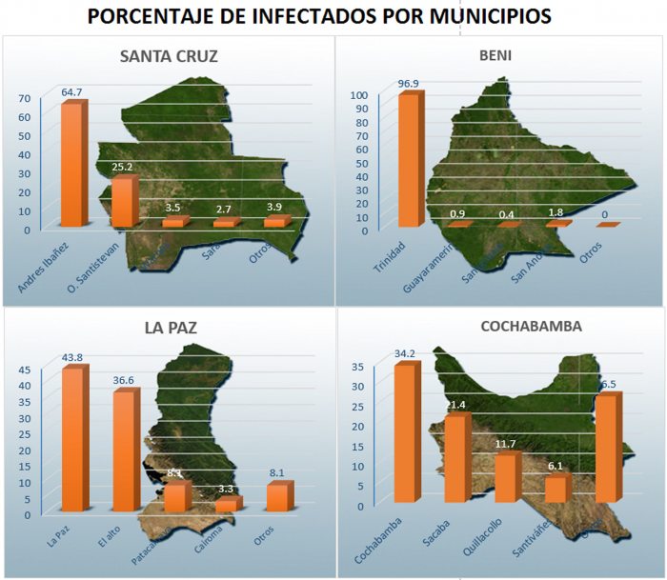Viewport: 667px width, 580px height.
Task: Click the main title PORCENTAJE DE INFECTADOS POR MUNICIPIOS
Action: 333,18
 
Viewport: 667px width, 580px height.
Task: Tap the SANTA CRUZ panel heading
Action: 169,56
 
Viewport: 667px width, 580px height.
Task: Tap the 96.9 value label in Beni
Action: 409,84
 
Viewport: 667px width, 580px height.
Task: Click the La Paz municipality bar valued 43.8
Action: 73,440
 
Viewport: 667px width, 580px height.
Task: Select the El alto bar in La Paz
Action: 125,450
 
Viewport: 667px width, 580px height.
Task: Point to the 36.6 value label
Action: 124,380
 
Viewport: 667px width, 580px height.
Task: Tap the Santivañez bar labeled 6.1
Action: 556,490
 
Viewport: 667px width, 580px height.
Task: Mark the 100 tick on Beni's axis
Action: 358,95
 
